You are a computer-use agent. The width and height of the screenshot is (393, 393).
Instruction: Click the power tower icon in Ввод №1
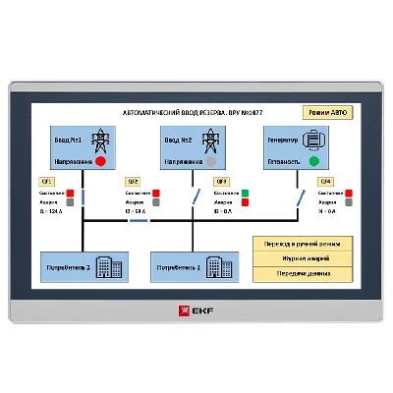pyautogui.click(x=100, y=140)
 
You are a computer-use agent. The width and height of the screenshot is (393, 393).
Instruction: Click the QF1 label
pyautogui.click(x=45, y=182)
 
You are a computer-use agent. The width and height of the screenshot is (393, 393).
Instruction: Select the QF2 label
pyautogui.click(x=133, y=182)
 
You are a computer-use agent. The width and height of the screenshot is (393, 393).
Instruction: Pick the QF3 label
pyautogui.click(x=221, y=182)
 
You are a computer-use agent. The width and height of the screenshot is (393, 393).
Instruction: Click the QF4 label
pyautogui.click(x=324, y=182)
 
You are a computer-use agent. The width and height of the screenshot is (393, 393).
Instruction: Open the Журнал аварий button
pyautogui.click(x=302, y=257)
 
